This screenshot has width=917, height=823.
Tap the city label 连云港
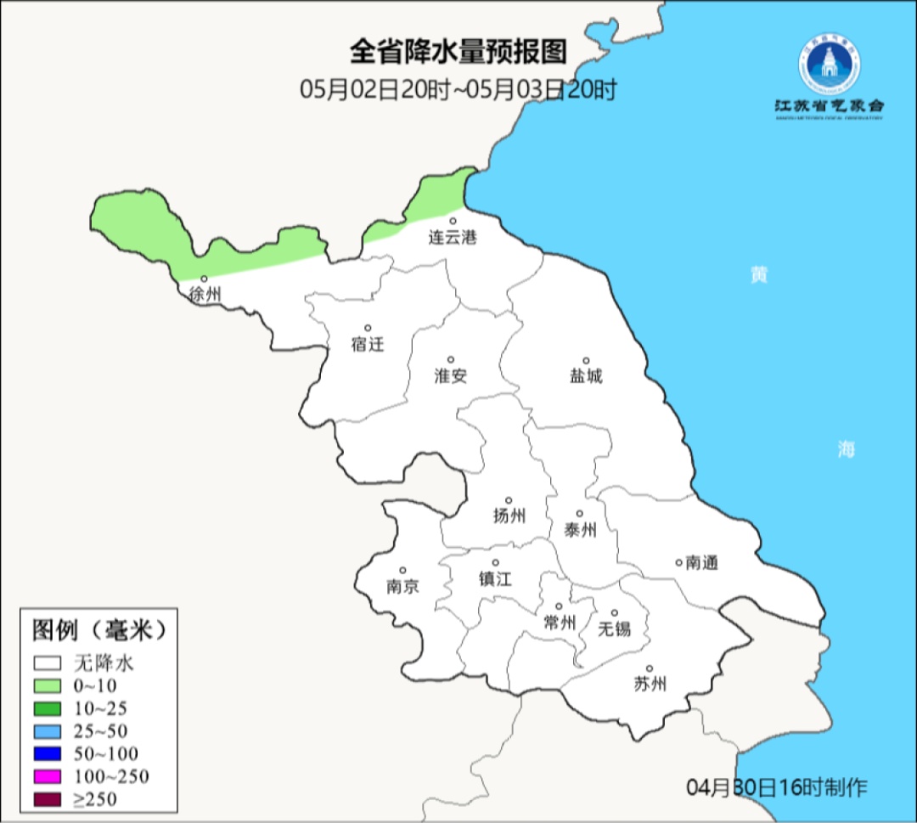click(453, 238)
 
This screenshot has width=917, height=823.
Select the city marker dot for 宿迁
click(368, 328)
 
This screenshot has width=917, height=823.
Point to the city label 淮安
click(451, 375)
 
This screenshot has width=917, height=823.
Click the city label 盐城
click(586, 375)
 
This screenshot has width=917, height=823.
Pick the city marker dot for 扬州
click(509, 500)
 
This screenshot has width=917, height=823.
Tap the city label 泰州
click(580, 531)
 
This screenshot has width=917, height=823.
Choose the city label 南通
click(701, 562)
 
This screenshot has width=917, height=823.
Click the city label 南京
click(402, 586)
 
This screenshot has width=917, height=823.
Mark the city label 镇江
click(496, 578)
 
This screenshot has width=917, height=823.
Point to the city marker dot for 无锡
click(615, 613)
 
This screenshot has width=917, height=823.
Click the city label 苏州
click(650, 684)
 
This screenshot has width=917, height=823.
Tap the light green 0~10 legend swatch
click(48, 685)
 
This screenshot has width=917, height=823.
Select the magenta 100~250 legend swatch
click(48, 776)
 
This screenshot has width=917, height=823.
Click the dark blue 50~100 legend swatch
click(48, 753)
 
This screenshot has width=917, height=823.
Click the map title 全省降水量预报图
click(458, 53)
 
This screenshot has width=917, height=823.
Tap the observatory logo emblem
click(829, 65)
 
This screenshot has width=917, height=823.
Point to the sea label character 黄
click(758, 275)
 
